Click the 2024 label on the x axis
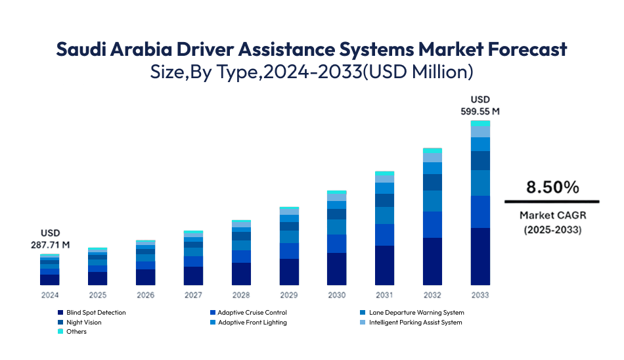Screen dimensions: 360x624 [50, 295]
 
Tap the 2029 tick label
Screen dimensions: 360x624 [289, 295]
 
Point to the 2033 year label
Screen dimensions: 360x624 [480, 295]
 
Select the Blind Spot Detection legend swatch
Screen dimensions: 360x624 [60, 313]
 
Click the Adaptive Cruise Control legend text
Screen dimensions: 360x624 [252, 313]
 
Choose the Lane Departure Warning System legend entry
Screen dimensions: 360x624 [416, 313]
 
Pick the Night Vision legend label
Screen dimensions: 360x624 [84, 323]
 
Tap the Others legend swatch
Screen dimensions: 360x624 [60, 332]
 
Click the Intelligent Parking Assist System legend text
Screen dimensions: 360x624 [415, 323]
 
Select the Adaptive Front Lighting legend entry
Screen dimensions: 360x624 [252, 323]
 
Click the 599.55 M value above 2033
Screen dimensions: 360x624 [481, 112]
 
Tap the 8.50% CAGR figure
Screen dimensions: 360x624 [552, 187]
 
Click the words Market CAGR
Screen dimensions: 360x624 [552, 215]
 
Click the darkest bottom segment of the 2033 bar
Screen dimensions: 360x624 [480, 256]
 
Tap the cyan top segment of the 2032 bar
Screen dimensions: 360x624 [432, 150]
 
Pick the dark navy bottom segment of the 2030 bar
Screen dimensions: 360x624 [337, 269]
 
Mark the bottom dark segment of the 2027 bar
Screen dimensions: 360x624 [193, 276]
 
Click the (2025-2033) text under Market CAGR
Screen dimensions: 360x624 [552, 230]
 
